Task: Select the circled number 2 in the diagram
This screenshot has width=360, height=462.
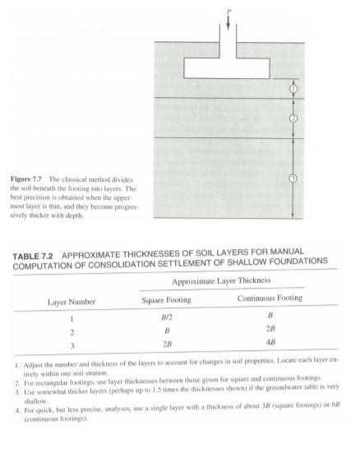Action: (x=293, y=118)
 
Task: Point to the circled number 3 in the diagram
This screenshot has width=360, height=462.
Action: (x=293, y=178)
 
